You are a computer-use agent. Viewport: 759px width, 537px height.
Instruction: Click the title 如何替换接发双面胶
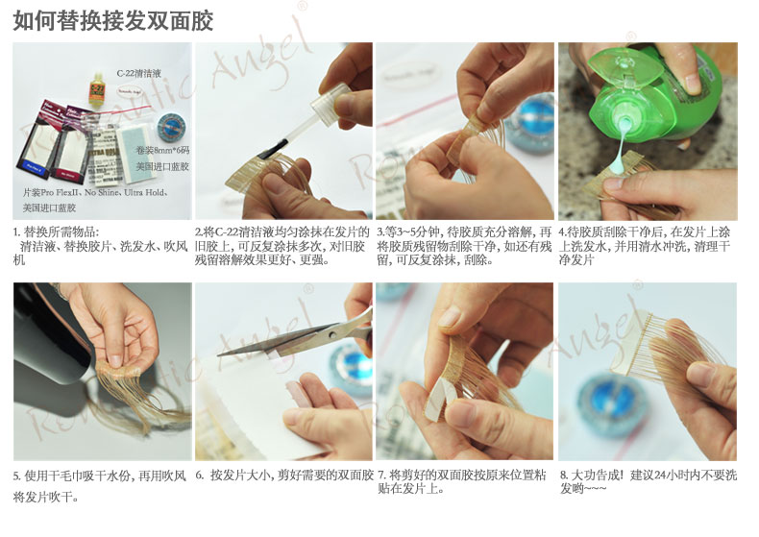(112, 21)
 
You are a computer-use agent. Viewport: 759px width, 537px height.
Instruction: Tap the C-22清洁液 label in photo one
(139, 74)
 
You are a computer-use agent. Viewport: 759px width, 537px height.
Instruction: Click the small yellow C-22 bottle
(97, 88)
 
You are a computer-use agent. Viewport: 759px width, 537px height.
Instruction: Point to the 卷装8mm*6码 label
(162, 151)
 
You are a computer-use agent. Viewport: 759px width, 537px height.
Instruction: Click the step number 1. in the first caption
(17, 232)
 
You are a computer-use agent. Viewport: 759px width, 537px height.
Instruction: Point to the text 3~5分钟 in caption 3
(411, 232)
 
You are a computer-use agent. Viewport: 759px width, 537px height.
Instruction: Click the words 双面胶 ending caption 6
(357, 476)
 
